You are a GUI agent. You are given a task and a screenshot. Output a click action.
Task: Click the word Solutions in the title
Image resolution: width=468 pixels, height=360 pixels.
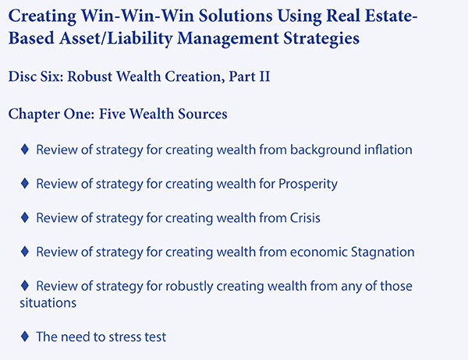pyautogui.click(x=236, y=16)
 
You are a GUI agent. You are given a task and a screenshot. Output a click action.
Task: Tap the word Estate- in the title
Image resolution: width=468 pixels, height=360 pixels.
pyautogui.click(x=391, y=16)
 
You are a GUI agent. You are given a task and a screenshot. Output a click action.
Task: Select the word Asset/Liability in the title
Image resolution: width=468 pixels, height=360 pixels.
pyautogui.click(x=115, y=38)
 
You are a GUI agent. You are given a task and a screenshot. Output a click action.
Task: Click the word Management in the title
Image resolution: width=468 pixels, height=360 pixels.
pyautogui.click(x=228, y=38)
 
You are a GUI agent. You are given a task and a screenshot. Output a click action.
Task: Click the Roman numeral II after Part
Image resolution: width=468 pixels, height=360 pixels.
pyautogui.click(x=264, y=76)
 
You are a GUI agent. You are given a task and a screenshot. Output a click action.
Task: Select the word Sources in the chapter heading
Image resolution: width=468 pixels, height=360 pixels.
pyautogui.click(x=202, y=114)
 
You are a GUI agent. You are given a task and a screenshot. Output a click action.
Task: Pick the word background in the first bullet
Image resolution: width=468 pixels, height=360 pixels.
pyautogui.click(x=324, y=150)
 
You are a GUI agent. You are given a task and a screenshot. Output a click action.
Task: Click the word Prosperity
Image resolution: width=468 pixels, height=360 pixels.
pyautogui.click(x=308, y=184)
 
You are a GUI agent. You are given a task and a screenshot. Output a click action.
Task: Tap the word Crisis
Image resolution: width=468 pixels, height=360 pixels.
pyautogui.click(x=305, y=218)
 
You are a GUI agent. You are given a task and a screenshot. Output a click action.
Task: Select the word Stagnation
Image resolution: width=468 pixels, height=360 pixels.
pyautogui.click(x=383, y=252)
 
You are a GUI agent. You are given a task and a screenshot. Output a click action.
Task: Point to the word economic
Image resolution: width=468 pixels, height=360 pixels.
pyautogui.click(x=318, y=252)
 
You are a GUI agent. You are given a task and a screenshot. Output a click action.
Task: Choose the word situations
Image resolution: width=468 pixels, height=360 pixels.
pyautogui.click(x=48, y=303)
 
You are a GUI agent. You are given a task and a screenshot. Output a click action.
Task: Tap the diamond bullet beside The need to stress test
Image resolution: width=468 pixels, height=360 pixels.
pyautogui.click(x=25, y=337)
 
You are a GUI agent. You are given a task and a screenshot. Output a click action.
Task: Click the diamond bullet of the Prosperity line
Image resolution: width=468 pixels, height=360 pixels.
pyautogui.click(x=25, y=183)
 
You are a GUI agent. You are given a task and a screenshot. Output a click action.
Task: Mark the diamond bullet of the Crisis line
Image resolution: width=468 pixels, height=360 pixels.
pyautogui.click(x=25, y=217)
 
